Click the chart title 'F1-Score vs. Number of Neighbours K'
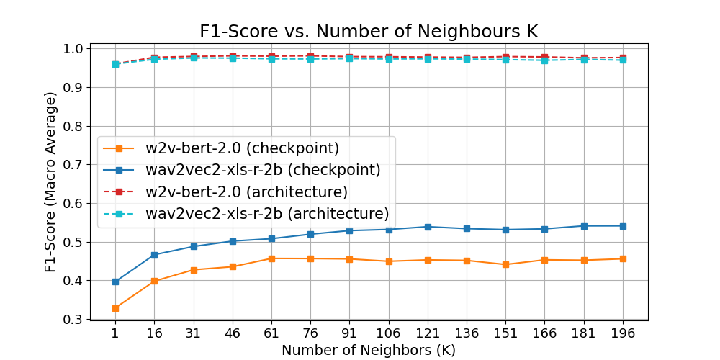369,31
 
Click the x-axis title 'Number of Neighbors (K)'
369,350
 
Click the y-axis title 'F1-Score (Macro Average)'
50,181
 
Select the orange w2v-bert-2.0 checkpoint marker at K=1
115,308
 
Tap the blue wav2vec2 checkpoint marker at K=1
115,282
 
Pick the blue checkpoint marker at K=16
154,255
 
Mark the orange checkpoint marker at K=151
505,264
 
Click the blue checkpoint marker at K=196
623,226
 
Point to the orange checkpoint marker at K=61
271,258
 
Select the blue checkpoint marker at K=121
428,227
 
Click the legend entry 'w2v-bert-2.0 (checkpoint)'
242,148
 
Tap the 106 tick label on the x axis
389,334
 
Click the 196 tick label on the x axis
623,334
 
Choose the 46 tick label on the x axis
233,334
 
